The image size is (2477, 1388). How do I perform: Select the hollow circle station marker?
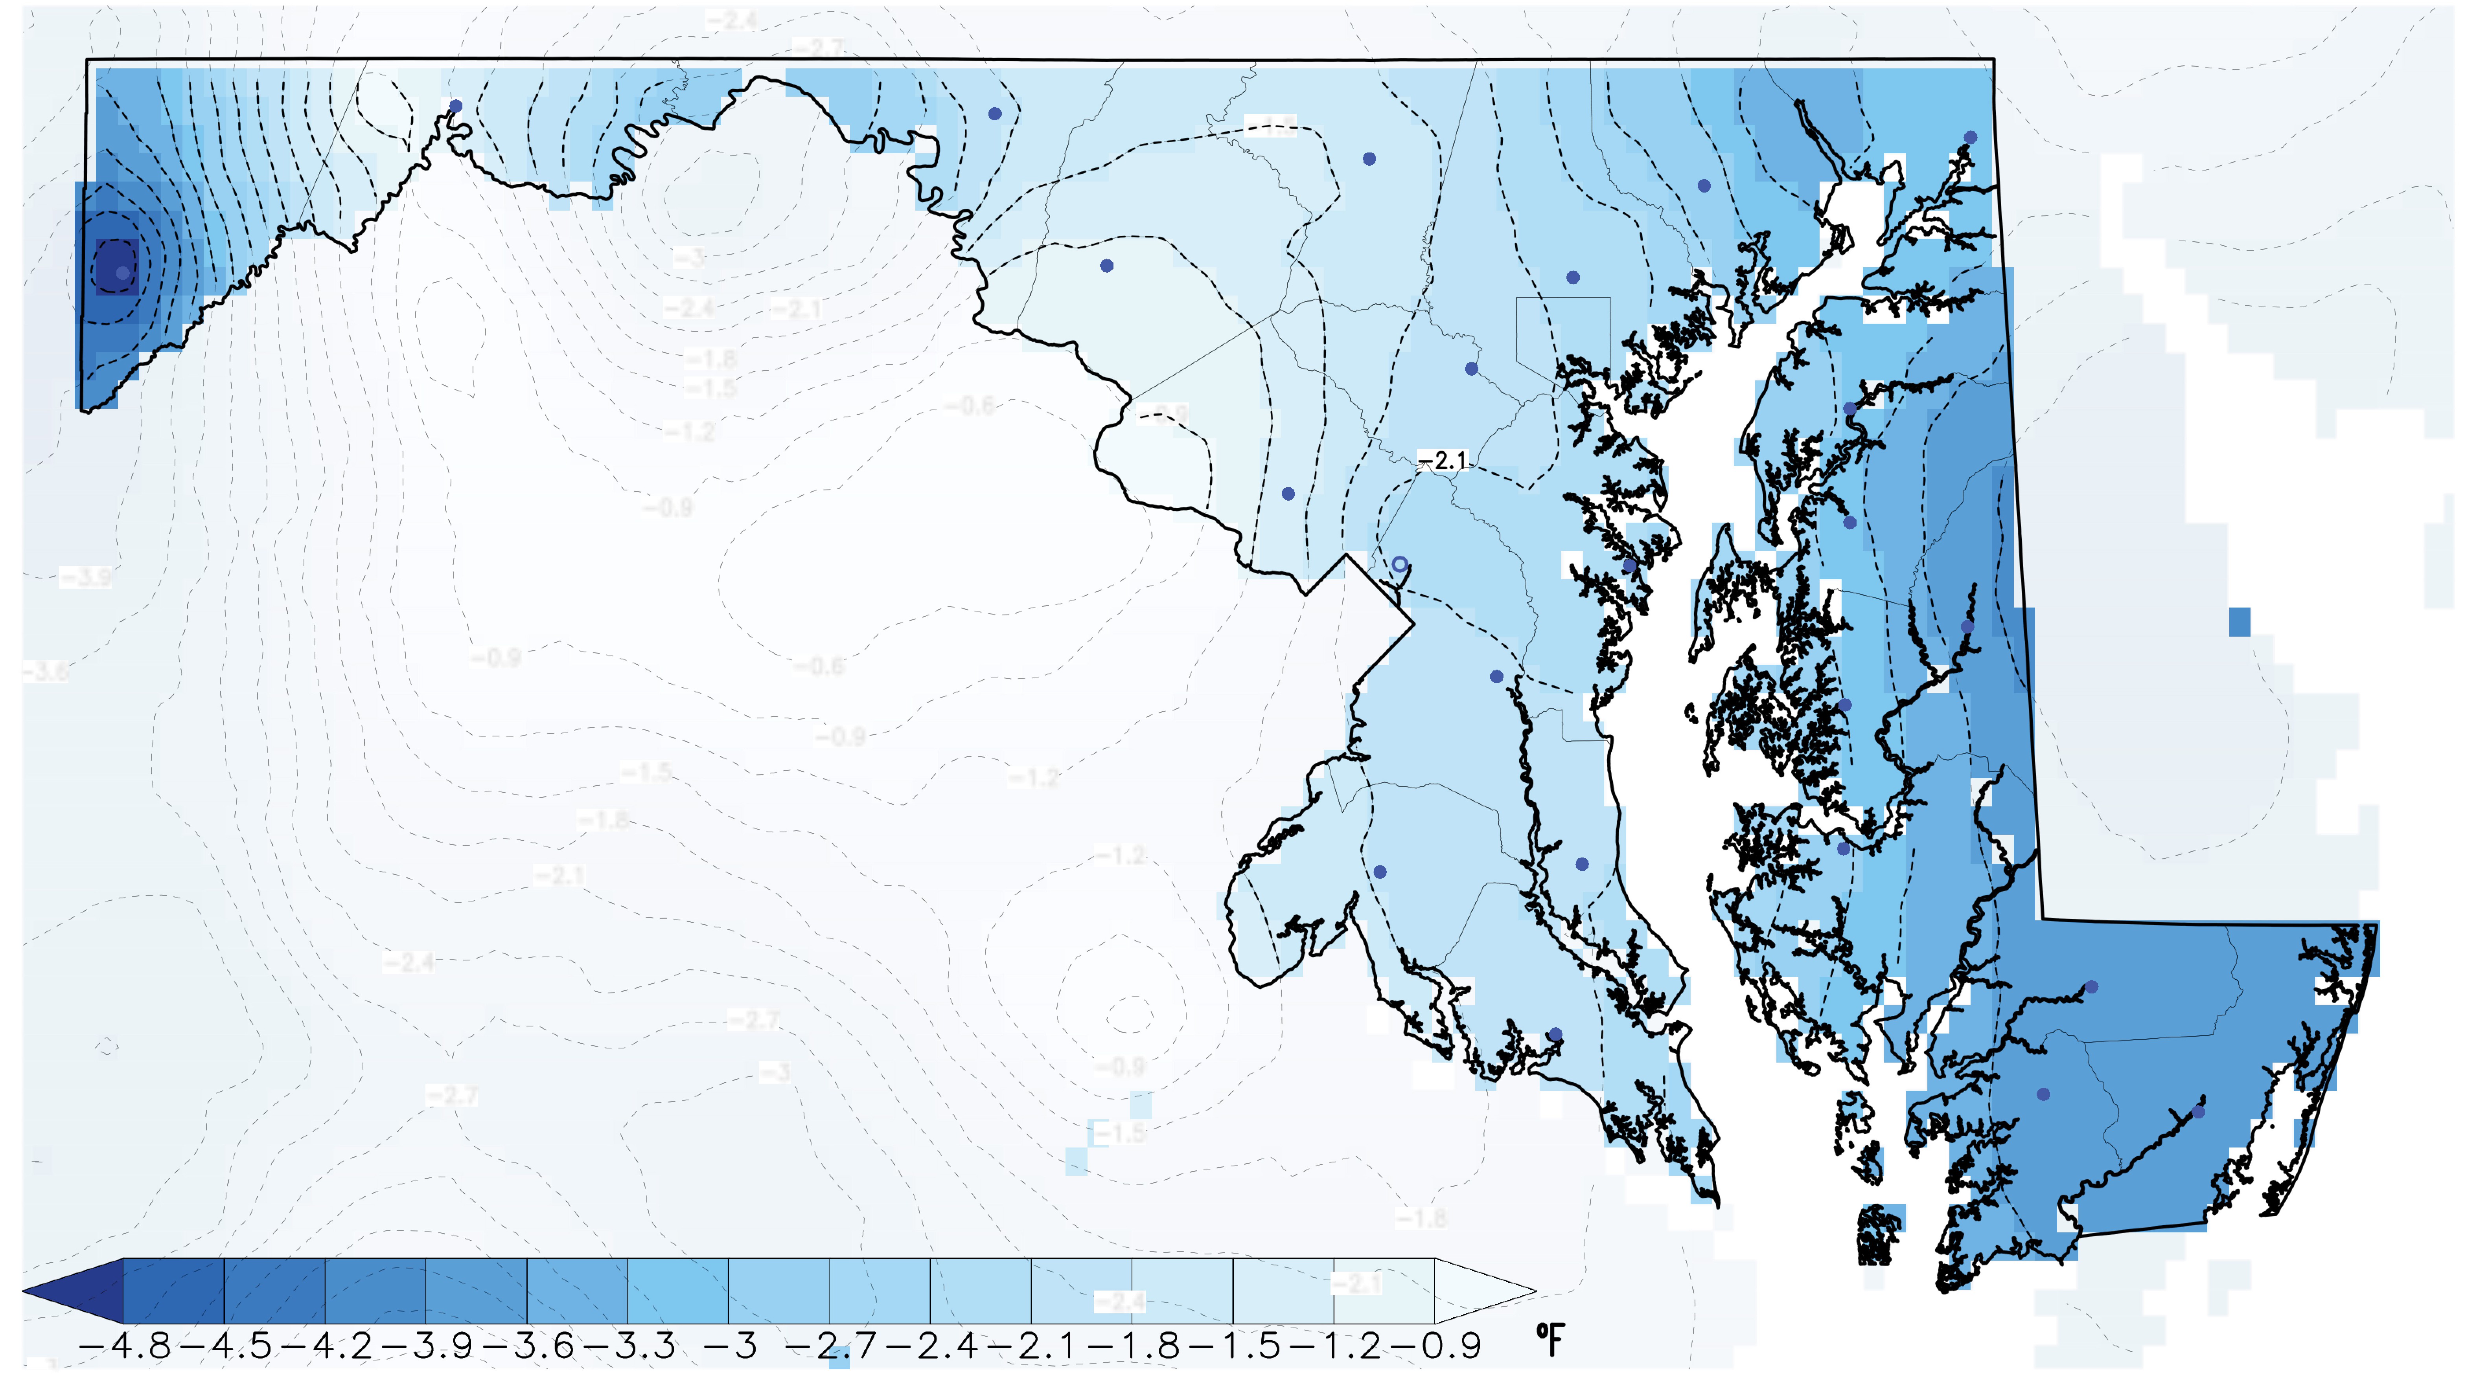[1400, 564]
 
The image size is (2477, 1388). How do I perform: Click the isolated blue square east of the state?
[2240, 622]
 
